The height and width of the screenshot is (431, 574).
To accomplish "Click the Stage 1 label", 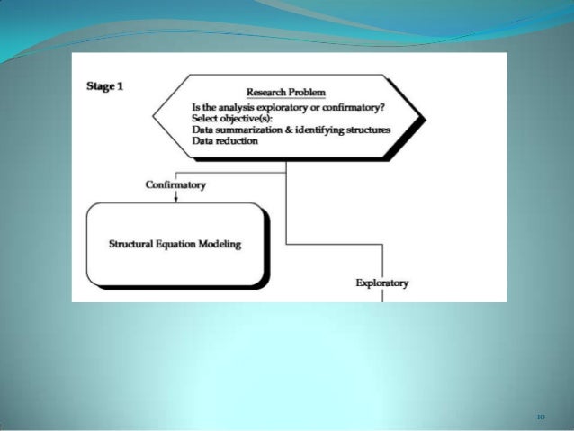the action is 104,86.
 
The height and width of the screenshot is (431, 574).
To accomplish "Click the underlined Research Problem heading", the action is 285,93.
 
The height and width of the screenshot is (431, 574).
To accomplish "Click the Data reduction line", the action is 225,140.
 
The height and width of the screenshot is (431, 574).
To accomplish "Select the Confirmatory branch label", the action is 175,185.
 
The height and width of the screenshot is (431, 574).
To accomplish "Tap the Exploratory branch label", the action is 382,283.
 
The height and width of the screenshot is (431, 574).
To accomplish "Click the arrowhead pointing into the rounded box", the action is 175,199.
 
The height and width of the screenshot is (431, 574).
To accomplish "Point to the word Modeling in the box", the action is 222,244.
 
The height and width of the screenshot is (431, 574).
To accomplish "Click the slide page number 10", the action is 541,417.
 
